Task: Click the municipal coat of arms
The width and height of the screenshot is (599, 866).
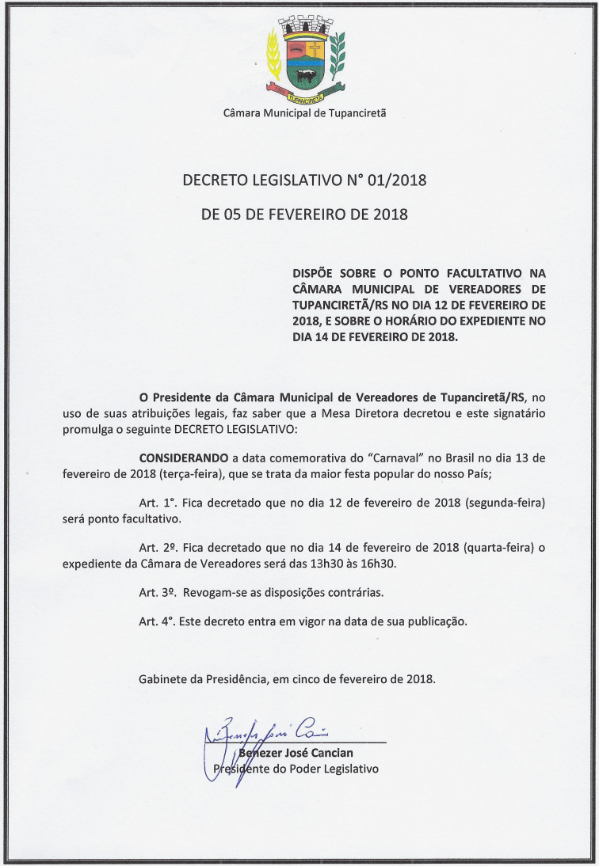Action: click(x=306, y=59)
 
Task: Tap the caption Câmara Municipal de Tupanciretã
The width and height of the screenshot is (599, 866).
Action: click(x=305, y=113)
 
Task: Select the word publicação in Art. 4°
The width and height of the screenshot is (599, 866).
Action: click(x=438, y=621)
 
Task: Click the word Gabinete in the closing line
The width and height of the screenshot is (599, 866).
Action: click(x=163, y=679)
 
